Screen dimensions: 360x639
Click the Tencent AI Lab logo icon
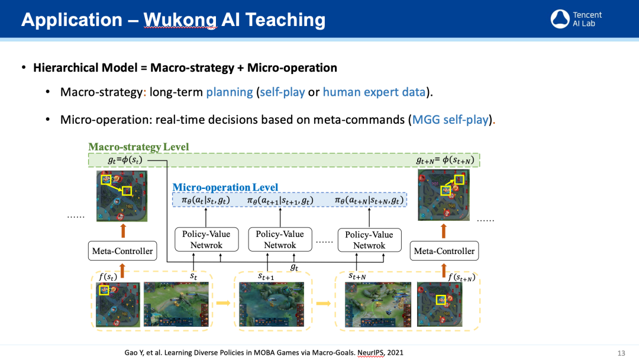(x=560, y=19)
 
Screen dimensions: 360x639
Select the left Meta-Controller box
(x=122, y=251)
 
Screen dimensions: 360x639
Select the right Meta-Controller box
(x=444, y=251)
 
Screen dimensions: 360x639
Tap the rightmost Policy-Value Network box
(x=369, y=240)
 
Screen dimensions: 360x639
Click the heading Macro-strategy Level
(x=138, y=147)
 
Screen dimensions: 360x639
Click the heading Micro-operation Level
(x=225, y=187)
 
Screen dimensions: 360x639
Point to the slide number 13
(x=621, y=353)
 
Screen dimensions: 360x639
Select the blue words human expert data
(x=374, y=92)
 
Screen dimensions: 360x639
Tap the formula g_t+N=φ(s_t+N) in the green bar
(x=445, y=160)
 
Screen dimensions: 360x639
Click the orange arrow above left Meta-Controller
(x=122, y=230)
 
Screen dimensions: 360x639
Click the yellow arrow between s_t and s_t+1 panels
(x=223, y=303)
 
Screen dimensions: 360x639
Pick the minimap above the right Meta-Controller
(x=444, y=195)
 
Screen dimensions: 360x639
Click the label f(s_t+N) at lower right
(x=461, y=277)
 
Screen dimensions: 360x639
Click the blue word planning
(x=229, y=92)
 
